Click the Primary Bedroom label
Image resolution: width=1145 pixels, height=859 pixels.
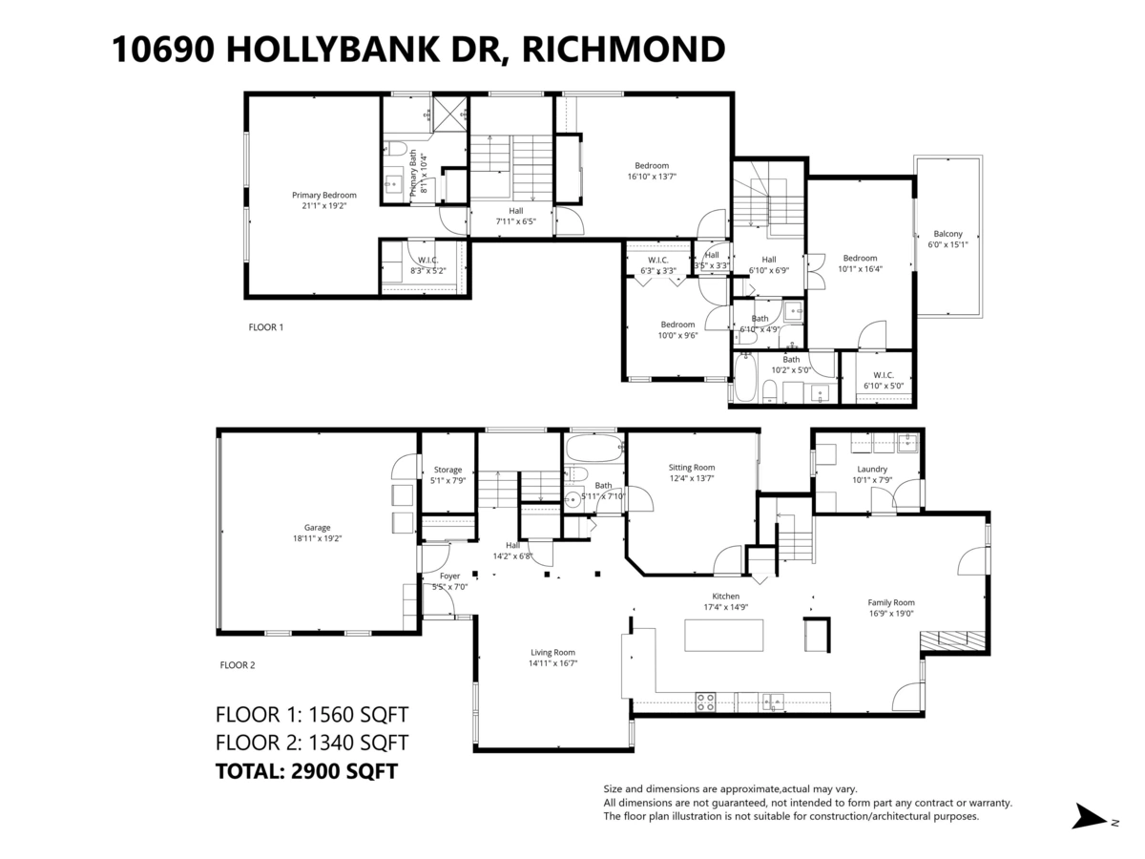pyautogui.click(x=323, y=195)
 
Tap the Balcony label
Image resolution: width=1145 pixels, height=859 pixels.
pyautogui.click(x=947, y=234)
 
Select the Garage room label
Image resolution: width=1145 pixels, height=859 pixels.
pyautogui.click(x=318, y=527)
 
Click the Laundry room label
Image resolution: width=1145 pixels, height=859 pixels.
pyautogui.click(x=871, y=469)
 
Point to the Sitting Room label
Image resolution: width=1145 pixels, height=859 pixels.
pyautogui.click(x=691, y=467)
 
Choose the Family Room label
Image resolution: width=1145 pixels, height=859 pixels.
pyautogui.click(x=890, y=602)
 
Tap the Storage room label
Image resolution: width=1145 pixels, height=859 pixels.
pyautogui.click(x=448, y=470)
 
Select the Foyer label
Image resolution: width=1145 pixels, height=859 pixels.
pyautogui.click(x=449, y=576)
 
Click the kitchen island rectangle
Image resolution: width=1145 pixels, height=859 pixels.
pyautogui.click(x=724, y=635)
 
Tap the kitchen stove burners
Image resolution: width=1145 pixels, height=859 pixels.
pyautogui.click(x=705, y=702)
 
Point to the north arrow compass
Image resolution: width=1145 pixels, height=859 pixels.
pyautogui.click(x=1090, y=817)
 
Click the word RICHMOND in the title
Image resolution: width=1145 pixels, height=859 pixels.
pyautogui.click(x=624, y=49)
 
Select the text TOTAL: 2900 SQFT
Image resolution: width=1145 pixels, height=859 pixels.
pyautogui.click(x=306, y=771)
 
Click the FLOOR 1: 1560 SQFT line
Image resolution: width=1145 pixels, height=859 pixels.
pyautogui.click(x=312, y=714)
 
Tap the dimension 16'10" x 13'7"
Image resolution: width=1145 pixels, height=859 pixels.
pyautogui.click(x=652, y=177)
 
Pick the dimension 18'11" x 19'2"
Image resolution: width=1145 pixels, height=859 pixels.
pyautogui.click(x=318, y=538)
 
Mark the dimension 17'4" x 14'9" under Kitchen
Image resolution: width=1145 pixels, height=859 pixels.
pyautogui.click(x=725, y=607)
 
